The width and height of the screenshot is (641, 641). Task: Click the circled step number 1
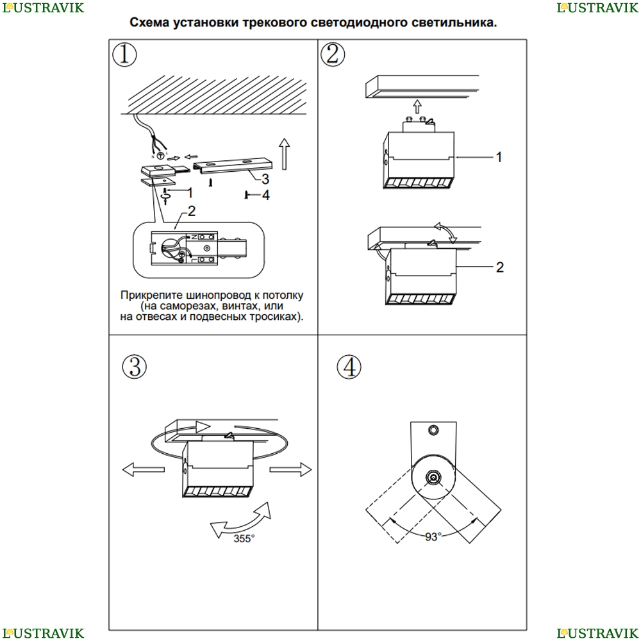[124, 54]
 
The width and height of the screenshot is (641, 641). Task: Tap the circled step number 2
[331, 54]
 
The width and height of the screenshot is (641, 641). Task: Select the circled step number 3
[134, 367]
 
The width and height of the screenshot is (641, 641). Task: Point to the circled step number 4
[349, 367]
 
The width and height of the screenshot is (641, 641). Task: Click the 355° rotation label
[244, 539]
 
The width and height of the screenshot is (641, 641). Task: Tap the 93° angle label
[433, 537]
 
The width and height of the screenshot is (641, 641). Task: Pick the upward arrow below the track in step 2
[417, 106]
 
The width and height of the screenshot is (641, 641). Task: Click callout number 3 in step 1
[265, 179]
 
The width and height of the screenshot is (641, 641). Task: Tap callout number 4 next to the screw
[265, 195]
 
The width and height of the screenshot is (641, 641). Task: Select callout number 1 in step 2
[499, 157]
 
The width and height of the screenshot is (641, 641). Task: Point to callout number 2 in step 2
[500, 267]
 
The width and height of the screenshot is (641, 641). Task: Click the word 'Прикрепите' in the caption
[151, 296]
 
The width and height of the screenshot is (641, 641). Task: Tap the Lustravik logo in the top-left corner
[42, 8]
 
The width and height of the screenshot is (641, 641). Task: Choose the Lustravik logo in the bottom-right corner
[598, 633]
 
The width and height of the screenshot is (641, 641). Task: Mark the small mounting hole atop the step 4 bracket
[434, 429]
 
